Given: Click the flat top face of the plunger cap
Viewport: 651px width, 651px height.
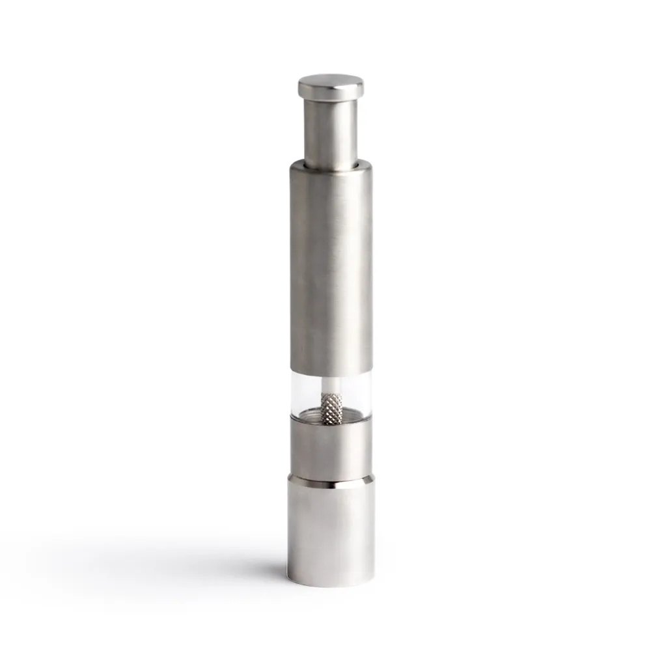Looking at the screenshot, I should click(x=331, y=80).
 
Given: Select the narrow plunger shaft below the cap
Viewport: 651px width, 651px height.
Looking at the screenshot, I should click(x=331, y=130).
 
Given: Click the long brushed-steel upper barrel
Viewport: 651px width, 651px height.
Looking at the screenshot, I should click(x=331, y=267).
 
